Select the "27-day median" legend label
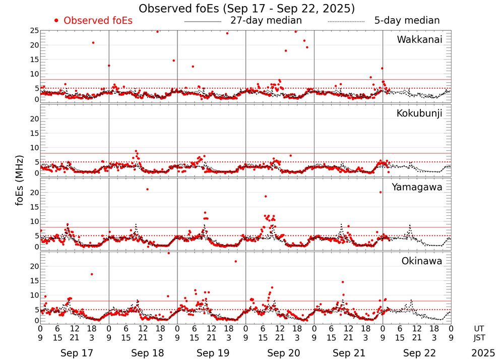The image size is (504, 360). [x=266, y=21]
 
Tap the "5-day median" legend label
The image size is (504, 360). [x=407, y=21]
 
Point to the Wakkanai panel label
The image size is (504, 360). [x=419, y=39]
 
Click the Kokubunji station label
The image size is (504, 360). [x=419, y=113]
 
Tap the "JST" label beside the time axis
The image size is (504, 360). [x=481, y=338]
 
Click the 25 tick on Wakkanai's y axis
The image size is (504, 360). [x=34, y=31]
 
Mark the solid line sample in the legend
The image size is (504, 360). [x=203, y=22]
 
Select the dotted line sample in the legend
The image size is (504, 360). [x=346, y=22]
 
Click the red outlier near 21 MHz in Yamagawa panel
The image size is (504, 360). [x=147, y=189]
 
